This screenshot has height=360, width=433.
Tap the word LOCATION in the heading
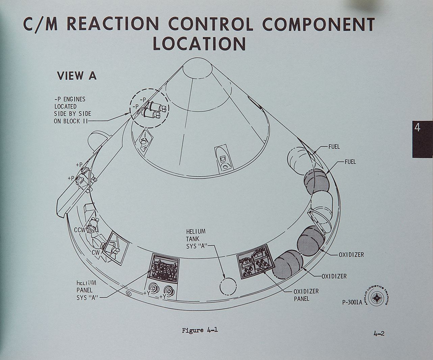pos(199,44)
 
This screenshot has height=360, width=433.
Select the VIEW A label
pos(77,76)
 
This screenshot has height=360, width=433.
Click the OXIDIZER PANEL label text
pos(306,295)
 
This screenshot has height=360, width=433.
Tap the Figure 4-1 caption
pos(200,330)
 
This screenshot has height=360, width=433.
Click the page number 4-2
pos(379,334)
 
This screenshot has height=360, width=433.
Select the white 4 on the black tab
pos(417,128)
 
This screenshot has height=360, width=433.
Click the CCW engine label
pos(80,230)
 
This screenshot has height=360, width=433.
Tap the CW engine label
pos(95,253)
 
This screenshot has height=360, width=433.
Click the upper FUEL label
pos(334,147)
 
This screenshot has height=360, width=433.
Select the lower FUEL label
pos(350,162)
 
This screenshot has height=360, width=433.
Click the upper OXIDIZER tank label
pos(351,254)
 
